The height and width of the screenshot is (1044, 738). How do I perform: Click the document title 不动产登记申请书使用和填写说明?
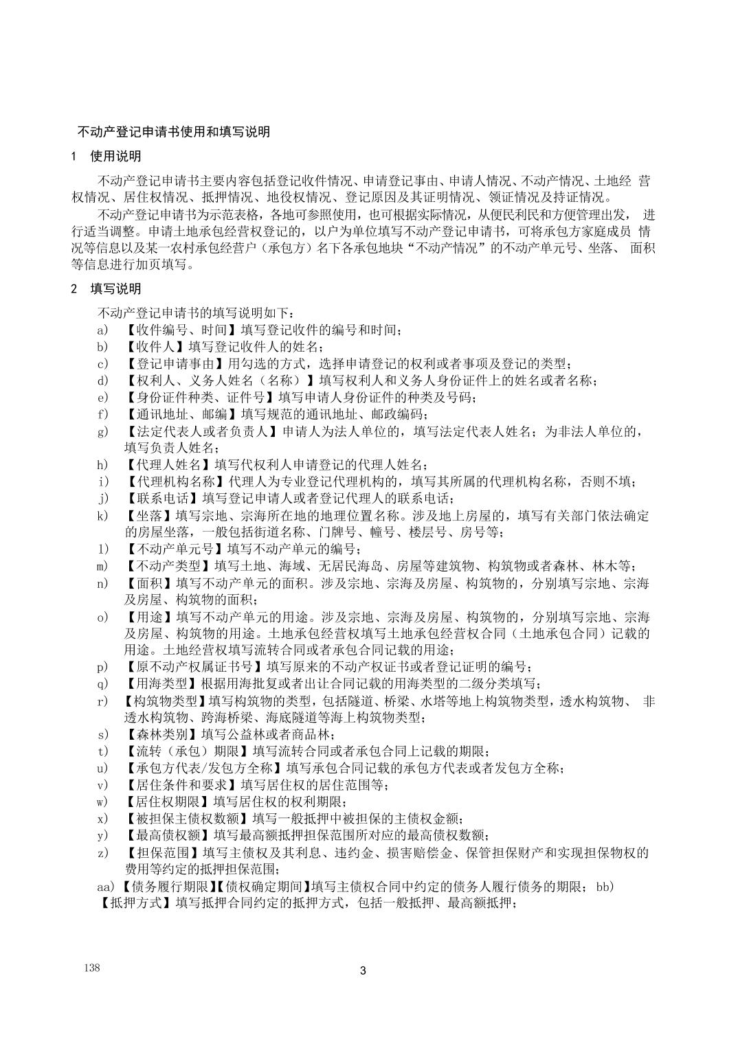[x=173, y=131]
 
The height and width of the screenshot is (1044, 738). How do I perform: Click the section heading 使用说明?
[x=115, y=157]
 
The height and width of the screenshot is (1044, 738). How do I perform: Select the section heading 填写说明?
[x=115, y=288]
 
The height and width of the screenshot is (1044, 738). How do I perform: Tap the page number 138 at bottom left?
[x=92, y=967]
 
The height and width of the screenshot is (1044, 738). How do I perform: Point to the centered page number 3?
[x=364, y=971]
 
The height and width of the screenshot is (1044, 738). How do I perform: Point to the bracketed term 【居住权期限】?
[x=168, y=802]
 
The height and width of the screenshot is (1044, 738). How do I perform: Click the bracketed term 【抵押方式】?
[x=137, y=903]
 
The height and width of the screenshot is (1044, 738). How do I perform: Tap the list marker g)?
[x=104, y=431]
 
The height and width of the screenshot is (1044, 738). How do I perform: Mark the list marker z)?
[x=104, y=853]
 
